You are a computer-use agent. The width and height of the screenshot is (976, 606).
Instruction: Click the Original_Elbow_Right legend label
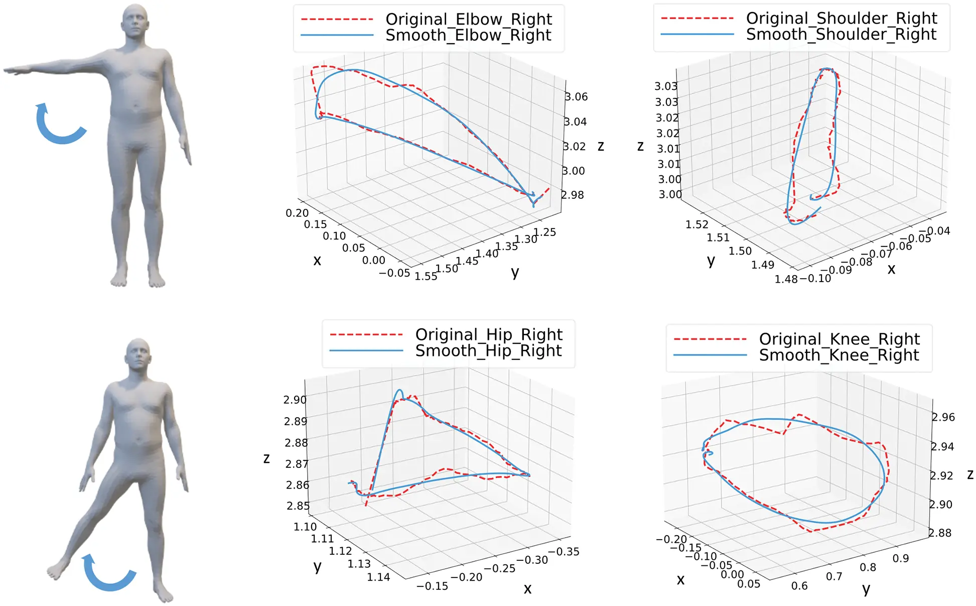point(468,19)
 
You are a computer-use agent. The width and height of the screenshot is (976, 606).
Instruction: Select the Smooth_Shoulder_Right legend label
point(841,35)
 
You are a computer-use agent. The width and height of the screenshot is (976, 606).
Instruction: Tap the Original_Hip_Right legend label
point(489,334)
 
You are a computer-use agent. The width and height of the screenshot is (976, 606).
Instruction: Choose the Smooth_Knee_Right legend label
point(839,355)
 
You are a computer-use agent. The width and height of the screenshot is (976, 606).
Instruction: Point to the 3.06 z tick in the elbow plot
point(576,97)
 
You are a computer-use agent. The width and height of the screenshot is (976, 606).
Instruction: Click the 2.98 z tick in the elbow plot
point(573,195)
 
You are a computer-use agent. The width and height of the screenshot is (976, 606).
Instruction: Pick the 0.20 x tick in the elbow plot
point(297,213)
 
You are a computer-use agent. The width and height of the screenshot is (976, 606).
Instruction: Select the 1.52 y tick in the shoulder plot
point(697,224)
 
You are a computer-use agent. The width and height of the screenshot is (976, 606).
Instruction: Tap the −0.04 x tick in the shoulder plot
point(937,231)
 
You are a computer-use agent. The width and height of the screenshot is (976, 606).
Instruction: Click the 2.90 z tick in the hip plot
point(295,400)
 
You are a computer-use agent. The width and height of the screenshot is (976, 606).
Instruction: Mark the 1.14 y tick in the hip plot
point(378,577)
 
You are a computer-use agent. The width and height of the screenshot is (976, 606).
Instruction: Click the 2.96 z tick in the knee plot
point(943,417)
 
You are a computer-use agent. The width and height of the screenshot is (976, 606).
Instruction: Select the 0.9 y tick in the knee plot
point(901,558)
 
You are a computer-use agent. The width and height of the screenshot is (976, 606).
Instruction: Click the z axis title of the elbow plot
point(601,146)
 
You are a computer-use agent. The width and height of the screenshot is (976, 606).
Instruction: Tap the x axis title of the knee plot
point(680,580)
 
